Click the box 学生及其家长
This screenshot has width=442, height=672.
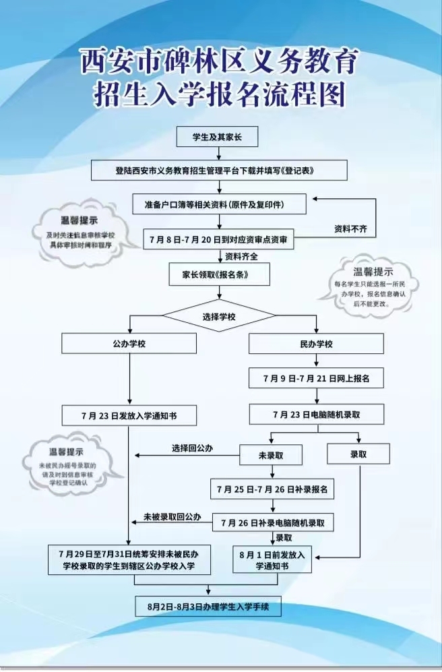coord(219,138)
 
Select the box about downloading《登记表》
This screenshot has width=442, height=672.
coord(220,171)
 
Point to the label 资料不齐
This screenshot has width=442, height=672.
coord(350,229)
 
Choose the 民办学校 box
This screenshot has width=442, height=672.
coord(316,344)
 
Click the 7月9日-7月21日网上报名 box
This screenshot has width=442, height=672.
coord(316,379)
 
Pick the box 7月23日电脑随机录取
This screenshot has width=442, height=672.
coord(316,414)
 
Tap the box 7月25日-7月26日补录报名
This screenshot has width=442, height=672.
coord(272,489)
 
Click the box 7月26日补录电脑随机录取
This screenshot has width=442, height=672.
coord(274,522)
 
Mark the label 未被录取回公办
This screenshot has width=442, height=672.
coord(172,517)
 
